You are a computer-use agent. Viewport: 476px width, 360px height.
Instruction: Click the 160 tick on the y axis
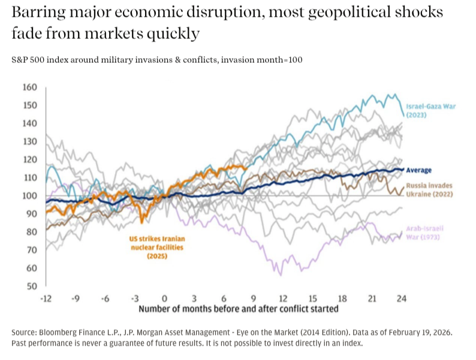pyautogui.click(x=30, y=87)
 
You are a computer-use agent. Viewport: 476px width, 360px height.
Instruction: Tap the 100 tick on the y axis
pyautogui.click(x=30, y=195)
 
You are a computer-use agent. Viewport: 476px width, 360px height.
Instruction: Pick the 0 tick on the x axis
pyautogui.click(x=164, y=298)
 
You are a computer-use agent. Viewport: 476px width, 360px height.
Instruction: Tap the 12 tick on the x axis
pyautogui.click(x=283, y=298)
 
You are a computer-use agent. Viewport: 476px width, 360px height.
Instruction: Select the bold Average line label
pyautogui.click(x=419, y=170)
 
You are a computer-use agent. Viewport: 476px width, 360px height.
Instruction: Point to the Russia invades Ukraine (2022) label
pyautogui.click(x=429, y=190)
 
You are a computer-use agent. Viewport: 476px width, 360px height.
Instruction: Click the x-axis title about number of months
pyautogui.click(x=239, y=309)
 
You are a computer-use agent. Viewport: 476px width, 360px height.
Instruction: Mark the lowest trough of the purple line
pyautogui.click(x=280, y=275)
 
